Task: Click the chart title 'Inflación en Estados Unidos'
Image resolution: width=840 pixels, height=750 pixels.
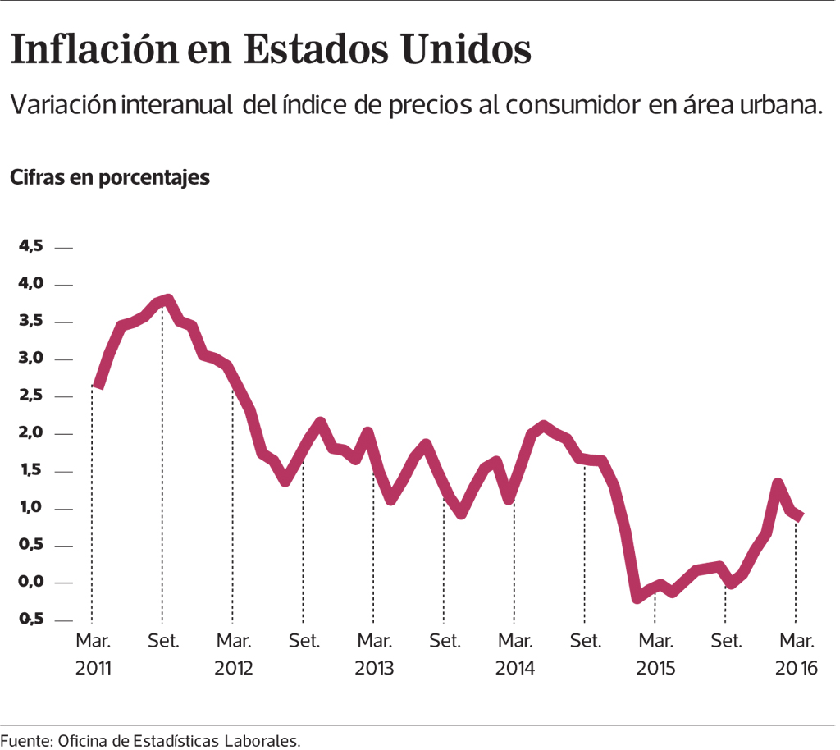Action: [x=271, y=50]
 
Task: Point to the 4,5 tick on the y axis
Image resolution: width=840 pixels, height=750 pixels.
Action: [x=30, y=246]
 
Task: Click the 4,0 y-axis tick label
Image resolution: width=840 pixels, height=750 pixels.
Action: [x=30, y=284]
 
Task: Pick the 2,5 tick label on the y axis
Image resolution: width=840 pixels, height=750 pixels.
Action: [x=30, y=396]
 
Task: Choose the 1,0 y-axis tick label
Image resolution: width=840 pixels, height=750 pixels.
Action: [x=30, y=508]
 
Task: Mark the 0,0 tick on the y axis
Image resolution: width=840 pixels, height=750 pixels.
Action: [x=30, y=583]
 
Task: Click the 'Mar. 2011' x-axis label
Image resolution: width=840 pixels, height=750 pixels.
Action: [x=92, y=653]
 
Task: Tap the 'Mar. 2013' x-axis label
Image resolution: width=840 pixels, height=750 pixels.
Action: [x=373, y=653]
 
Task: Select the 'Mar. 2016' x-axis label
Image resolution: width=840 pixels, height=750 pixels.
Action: [x=796, y=653]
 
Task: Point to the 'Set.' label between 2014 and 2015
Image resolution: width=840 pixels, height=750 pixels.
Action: [x=585, y=639]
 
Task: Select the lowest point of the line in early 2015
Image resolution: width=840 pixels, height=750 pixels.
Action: [x=637, y=597]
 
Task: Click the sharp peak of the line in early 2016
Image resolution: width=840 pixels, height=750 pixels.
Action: [x=778, y=483]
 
